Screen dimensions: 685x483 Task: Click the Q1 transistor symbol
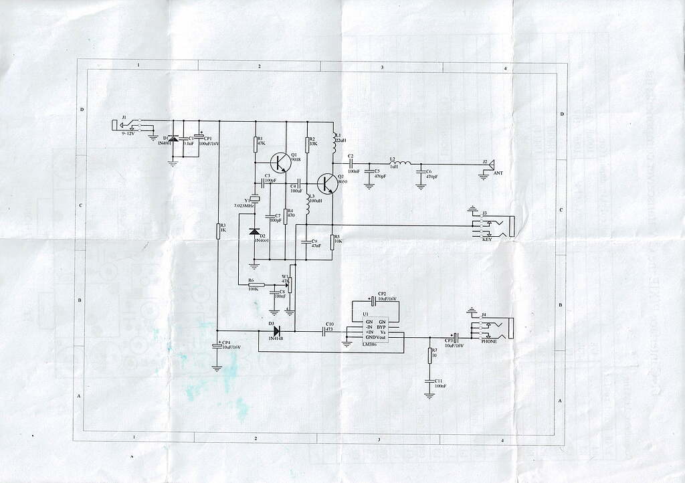(282, 162)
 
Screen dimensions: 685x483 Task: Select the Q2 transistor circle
(328, 183)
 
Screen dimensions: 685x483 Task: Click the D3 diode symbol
(274, 330)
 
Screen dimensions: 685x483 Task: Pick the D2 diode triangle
(254, 231)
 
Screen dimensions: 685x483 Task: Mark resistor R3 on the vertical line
(219, 231)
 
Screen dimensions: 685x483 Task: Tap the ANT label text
(497, 173)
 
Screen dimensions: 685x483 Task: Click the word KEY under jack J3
(486, 239)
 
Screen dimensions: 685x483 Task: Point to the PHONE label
(490, 341)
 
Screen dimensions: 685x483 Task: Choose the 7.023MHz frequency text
(245, 205)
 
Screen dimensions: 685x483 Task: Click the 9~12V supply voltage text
(127, 134)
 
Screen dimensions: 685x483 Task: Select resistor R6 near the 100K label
(252, 286)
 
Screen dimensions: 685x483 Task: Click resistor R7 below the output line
(429, 355)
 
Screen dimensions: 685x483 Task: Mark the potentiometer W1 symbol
(290, 286)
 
